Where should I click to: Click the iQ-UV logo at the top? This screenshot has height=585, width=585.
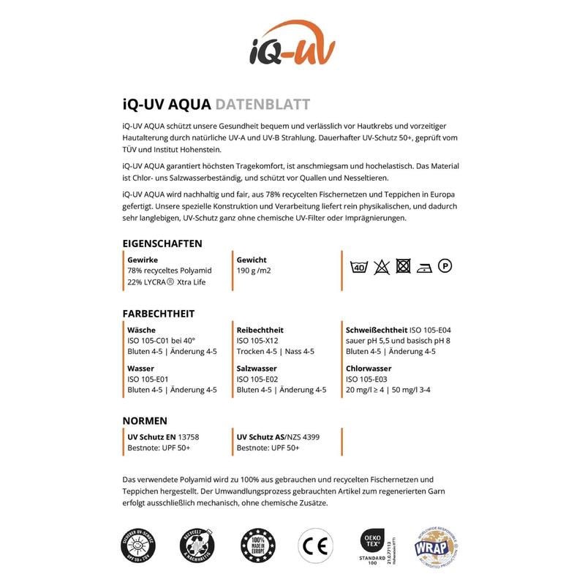(x=292, y=45)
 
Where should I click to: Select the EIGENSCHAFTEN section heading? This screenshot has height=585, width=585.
(x=162, y=244)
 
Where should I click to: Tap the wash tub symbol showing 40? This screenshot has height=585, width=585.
(x=359, y=267)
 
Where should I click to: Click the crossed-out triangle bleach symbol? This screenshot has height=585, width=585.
(x=380, y=267)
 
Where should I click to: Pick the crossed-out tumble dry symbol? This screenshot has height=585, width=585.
(x=402, y=266)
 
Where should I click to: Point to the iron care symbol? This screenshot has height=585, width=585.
(x=424, y=267)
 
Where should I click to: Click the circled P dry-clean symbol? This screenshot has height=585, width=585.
(x=444, y=266)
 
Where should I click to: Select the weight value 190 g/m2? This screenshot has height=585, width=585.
(x=254, y=271)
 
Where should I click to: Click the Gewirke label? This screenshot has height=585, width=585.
(x=143, y=260)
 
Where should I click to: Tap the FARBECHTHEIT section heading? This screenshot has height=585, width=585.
(x=159, y=314)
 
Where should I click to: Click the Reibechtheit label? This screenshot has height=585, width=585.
(x=260, y=330)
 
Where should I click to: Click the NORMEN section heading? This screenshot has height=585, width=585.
(x=145, y=420)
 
